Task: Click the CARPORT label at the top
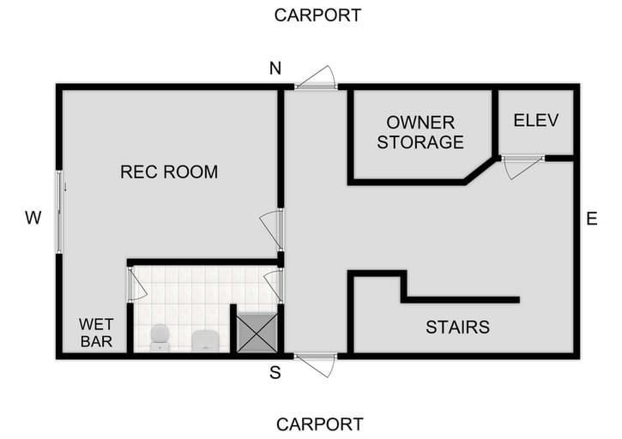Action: pyautogui.click(x=317, y=15)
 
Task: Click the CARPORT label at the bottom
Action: pyautogui.click(x=319, y=424)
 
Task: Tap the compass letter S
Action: pyautogui.click(x=275, y=372)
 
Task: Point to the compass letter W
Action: pyautogui.click(x=33, y=219)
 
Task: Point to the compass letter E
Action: pyautogui.click(x=591, y=219)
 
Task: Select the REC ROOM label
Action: pyautogui.click(x=169, y=172)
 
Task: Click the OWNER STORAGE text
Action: pyautogui.click(x=420, y=132)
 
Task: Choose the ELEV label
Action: pyautogui.click(x=535, y=120)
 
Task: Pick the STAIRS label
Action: pyautogui.click(x=457, y=327)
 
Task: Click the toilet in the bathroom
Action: pyautogui.click(x=160, y=337)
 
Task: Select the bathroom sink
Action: pyautogui.click(x=206, y=340)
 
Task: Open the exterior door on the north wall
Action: pyautogui.click(x=317, y=80)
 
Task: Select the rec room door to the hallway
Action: pyautogui.click(x=272, y=228)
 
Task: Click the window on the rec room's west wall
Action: pyautogui.click(x=59, y=212)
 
